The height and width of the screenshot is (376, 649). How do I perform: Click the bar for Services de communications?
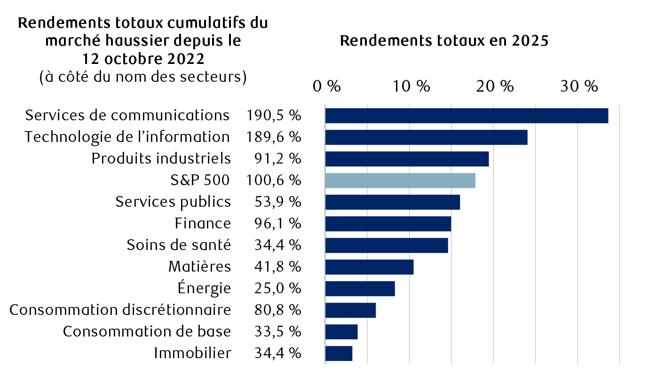pos(466,116)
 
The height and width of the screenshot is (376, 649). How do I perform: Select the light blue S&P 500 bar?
pos(400,180)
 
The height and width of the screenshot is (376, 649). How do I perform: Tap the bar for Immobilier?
pos(339,353)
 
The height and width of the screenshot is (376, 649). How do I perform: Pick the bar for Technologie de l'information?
pos(426,137)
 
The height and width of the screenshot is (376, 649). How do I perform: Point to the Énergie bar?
pos(360,289)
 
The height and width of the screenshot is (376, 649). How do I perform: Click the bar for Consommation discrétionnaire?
pos(350,310)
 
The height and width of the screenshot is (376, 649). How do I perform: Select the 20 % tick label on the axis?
pos(494,86)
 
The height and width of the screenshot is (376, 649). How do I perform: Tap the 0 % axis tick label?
pos(326,86)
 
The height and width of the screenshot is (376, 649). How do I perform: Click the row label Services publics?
pos(173,202)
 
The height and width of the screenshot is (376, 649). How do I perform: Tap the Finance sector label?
pos(203,224)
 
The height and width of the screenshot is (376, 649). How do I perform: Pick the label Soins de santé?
pos(179,245)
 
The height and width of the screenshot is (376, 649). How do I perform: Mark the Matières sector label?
pos(199,267)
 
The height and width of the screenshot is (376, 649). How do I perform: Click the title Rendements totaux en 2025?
pos(444,41)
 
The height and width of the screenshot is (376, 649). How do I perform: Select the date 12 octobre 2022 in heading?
pos(143,59)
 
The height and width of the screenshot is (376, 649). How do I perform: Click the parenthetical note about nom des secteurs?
pos(143,77)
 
